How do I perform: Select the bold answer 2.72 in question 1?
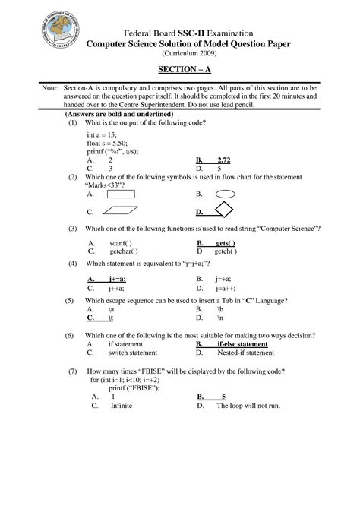(x=223, y=160)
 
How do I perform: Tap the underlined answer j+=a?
(x=117, y=280)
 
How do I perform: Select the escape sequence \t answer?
(x=111, y=318)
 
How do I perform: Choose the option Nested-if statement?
(x=245, y=353)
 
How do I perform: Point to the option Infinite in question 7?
(x=122, y=406)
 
